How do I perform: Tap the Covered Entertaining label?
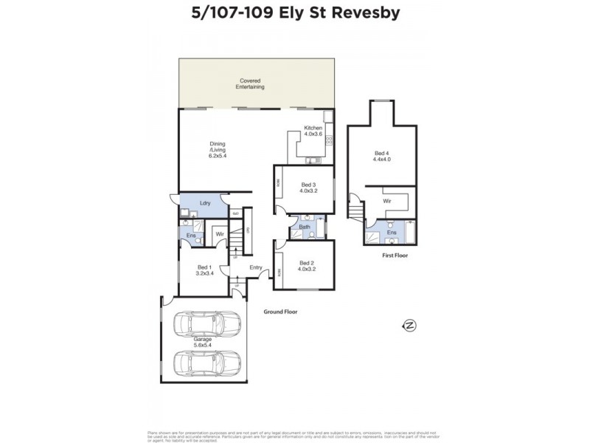[x=250, y=83]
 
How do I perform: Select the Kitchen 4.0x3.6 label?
[x=313, y=131]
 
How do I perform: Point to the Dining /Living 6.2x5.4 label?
[x=218, y=150]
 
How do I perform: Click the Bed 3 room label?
[x=308, y=188]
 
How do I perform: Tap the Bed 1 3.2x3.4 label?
[x=204, y=270]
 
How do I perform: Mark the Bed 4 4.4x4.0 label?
[x=381, y=156]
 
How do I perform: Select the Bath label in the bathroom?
[x=305, y=227]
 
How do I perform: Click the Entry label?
[x=256, y=267]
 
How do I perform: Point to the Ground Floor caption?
[x=280, y=312]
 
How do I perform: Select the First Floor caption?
[x=395, y=255]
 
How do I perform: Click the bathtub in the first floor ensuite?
[x=410, y=232]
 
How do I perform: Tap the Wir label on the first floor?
[x=386, y=201]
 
